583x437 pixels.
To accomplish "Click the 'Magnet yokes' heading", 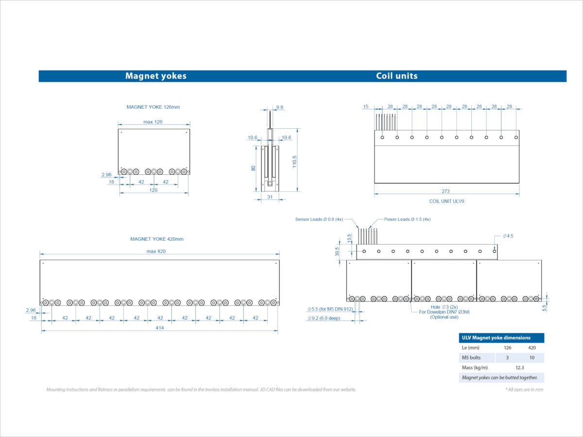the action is pyautogui.click(x=156, y=76).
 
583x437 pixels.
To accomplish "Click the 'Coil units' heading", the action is pyautogui.click(x=397, y=76).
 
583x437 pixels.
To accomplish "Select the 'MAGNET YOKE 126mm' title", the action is pyautogui.click(x=153, y=107).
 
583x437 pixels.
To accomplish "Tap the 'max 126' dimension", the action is pyautogui.click(x=153, y=122).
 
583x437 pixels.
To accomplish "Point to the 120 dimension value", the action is pyautogui.click(x=153, y=190).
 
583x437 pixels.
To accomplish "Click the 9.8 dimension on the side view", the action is pyautogui.click(x=280, y=107).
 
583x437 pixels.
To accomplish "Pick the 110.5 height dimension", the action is pyautogui.click(x=294, y=162).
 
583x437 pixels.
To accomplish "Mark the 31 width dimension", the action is pyautogui.click(x=270, y=197).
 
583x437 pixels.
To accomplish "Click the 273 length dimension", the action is pyautogui.click(x=446, y=191).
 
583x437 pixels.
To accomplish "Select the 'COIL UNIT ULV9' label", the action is pyautogui.click(x=447, y=201).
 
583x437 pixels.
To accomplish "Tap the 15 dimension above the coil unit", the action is pyautogui.click(x=366, y=106).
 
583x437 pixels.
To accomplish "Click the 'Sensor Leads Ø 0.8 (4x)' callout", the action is pyautogui.click(x=319, y=219).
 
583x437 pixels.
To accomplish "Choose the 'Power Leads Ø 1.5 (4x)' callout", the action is pyautogui.click(x=408, y=219).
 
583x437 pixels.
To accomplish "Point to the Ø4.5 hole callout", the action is pyautogui.click(x=508, y=236).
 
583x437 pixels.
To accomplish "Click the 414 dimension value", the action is pyautogui.click(x=160, y=328).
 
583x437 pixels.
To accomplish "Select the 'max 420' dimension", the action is pyautogui.click(x=156, y=251).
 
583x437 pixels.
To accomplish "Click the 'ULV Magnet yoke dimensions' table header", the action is pyautogui.click(x=496, y=338).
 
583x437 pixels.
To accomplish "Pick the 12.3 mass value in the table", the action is pyautogui.click(x=520, y=368).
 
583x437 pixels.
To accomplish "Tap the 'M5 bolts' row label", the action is pyautogui.click(x=471, y=358).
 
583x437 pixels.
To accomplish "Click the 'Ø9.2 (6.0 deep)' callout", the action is pyautogui.click(x=324, y=318).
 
